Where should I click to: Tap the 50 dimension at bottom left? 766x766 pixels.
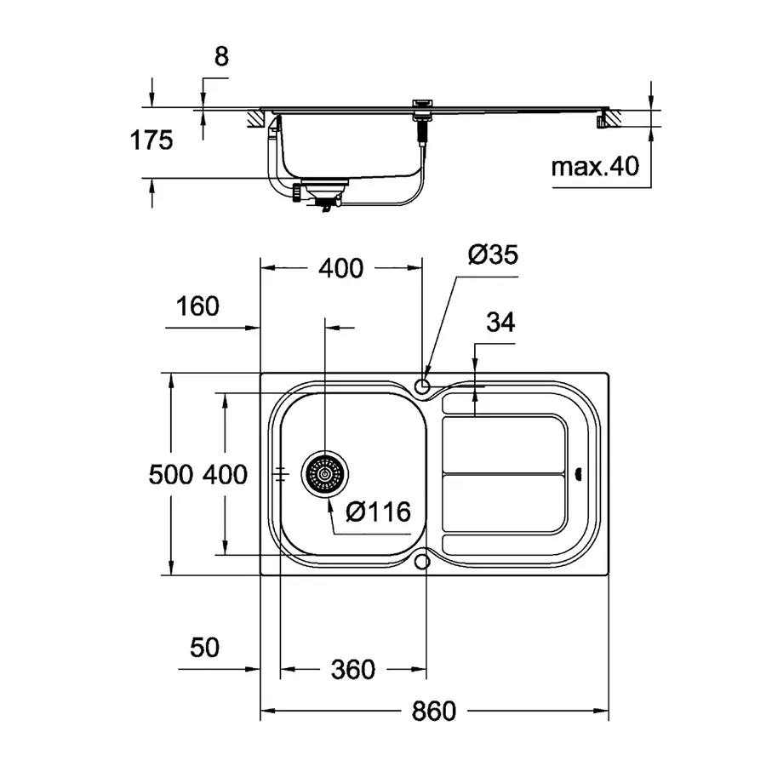pyautogui.click(x=204, y=648)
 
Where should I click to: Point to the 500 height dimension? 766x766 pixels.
pyautogui.click(x=171, y=474)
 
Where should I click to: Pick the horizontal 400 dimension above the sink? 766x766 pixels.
pyautogui.click(x=340, y=268)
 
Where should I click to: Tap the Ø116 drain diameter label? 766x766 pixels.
pyautogui.click(x=379, y=512)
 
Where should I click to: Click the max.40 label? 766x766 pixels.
pyautogui.click(x=594, y=166)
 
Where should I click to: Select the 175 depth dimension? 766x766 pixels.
pyautogui.click(x=151, y=140)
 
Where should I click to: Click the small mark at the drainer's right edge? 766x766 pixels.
pyautogui.click(x=579, y=474)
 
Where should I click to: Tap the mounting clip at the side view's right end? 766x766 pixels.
pyautogui.click(x=603, y=120)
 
